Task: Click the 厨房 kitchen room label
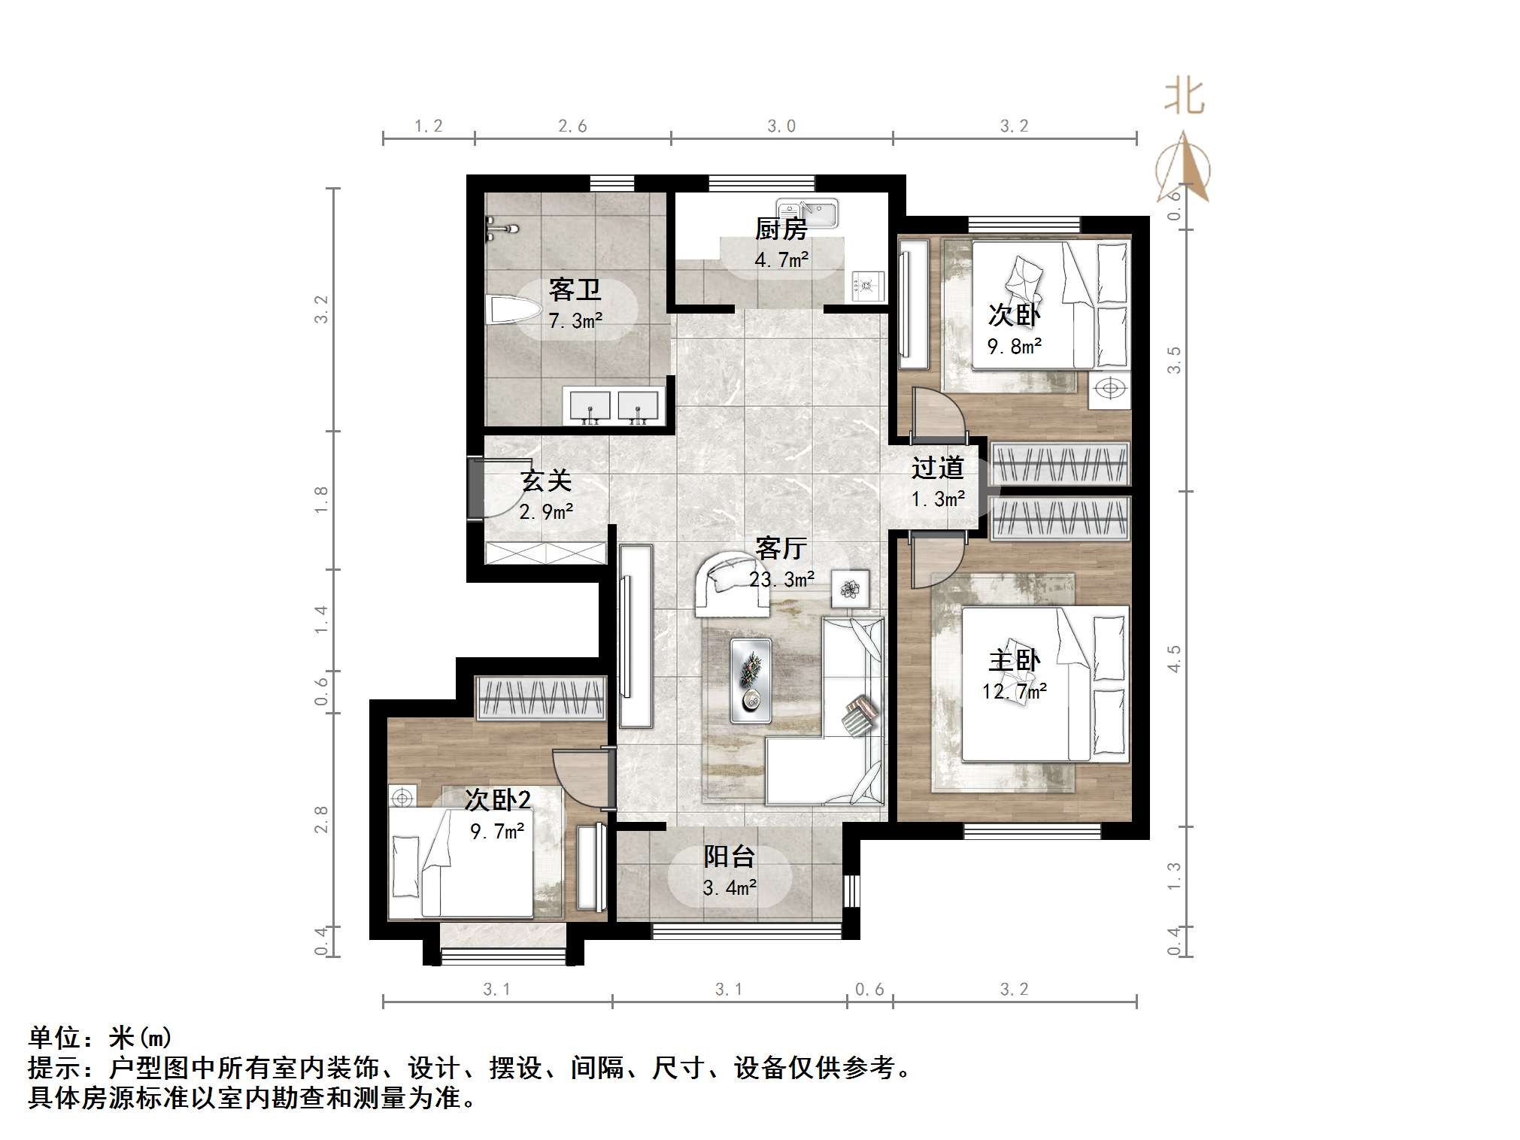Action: (781, 229)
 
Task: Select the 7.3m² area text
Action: (575, 322)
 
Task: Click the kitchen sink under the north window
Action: (808, 213)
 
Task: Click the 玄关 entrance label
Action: (547, 481)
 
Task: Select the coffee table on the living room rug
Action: (751, 681)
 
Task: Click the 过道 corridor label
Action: (937, 468)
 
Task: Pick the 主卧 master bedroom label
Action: (1014, 660)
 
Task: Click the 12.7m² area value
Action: (1014, 691)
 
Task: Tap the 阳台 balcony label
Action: (729, 856)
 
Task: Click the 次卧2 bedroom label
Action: (497, 799)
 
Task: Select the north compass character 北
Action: (1185, 97)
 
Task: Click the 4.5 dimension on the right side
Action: (1174, 659)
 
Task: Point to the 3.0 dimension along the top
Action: (781, 126)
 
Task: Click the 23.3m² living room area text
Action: (781, 580)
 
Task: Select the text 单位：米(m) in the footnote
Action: (100, 1038)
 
